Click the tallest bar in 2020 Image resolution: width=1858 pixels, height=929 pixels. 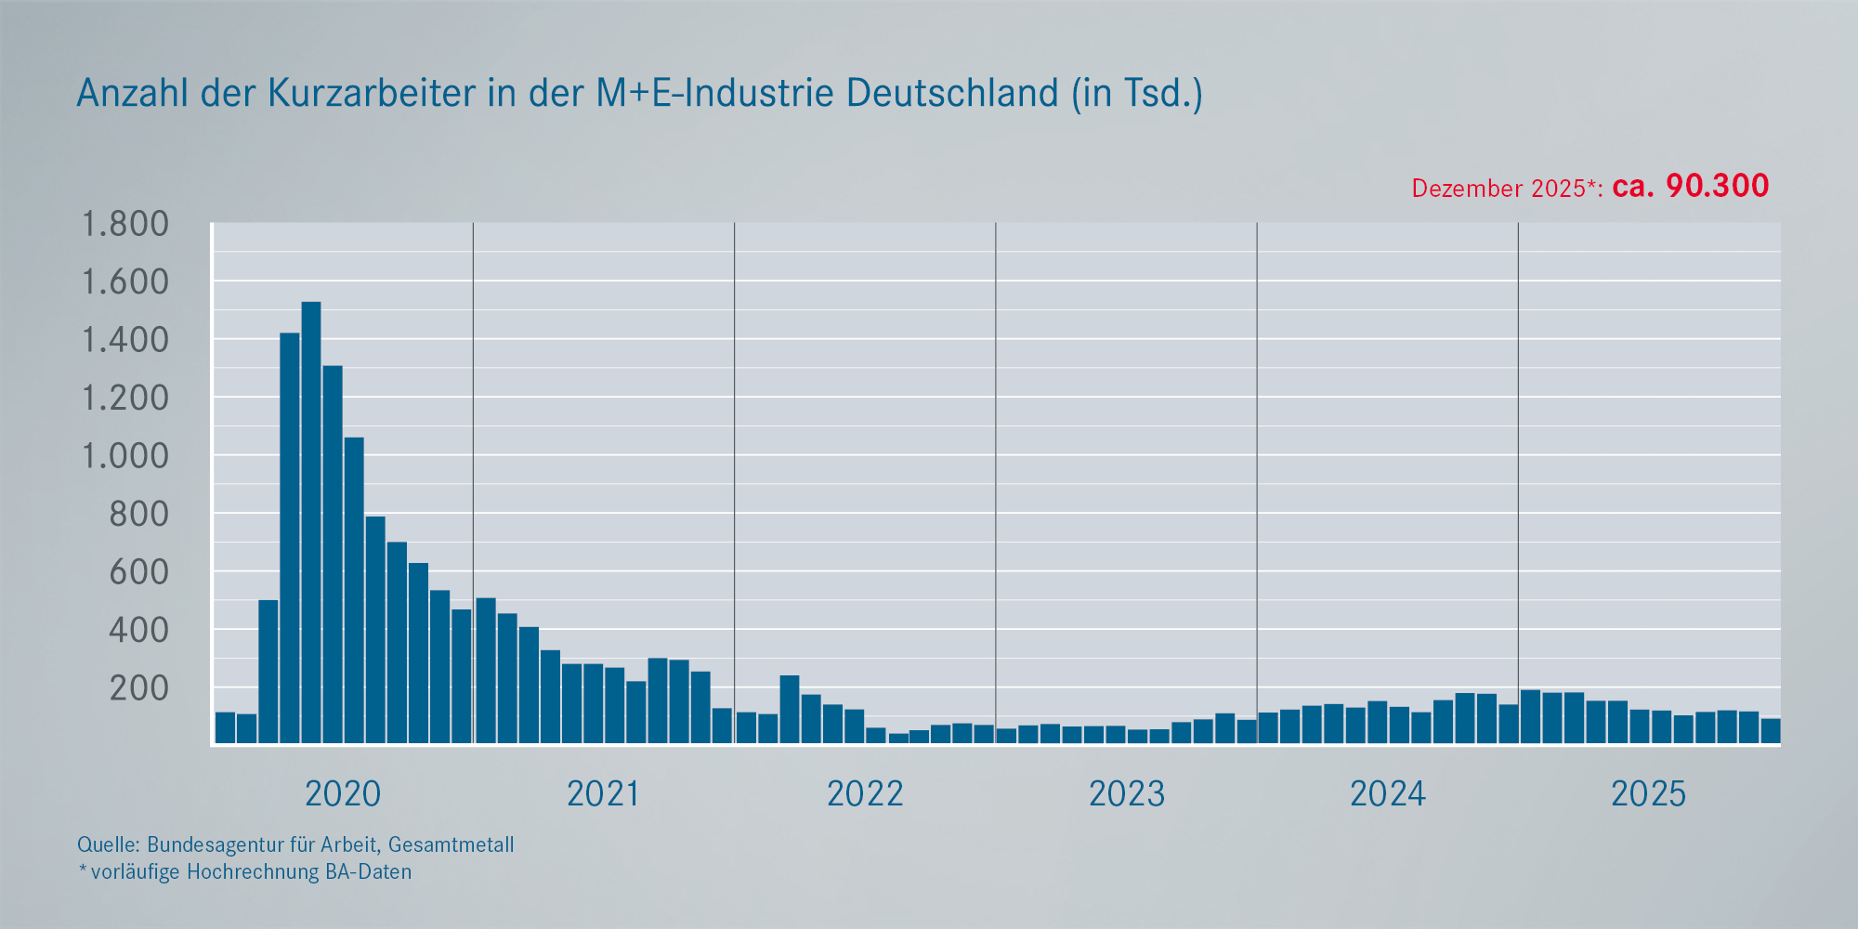tap(311, 520)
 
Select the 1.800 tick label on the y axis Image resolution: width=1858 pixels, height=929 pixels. tap(125, 224)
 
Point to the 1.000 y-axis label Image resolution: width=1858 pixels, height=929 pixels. tap(125, 456)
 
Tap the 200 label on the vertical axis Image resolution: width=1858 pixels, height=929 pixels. tap(139, 688)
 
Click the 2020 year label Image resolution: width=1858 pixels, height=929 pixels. tap(343, 794)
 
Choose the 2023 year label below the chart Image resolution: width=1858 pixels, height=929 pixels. tap(1126, 794)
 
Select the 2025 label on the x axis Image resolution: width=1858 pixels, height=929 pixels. tap(1648, 794)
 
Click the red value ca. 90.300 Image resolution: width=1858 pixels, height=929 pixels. tap(1690, 186)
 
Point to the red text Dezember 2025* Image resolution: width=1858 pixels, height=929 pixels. tap(1505, 189)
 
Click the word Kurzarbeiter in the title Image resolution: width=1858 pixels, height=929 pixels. tap(372, 94)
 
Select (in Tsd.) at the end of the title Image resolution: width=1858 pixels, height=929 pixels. tap(1137, 94)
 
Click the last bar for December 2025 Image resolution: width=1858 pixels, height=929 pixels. tap(1771, 731)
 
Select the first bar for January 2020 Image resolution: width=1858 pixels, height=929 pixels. tap(225, 727)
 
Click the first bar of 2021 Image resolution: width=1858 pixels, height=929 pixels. tap(486, 669)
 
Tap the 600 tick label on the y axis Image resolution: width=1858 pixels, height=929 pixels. tap(139, 572)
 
